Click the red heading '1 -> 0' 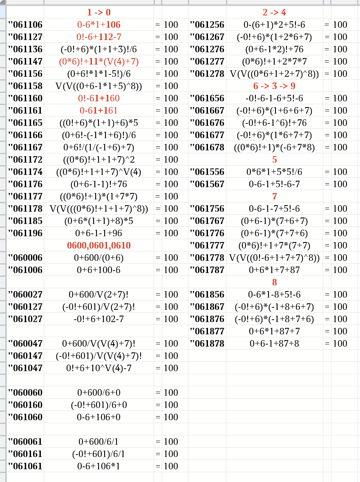(x=98, y=12)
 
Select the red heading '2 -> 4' (x=274, y=12)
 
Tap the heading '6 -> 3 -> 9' (x=274, y=86)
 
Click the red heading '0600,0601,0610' (x=98, y=245)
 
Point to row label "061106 (x=25, y=25)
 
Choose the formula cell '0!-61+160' (x=98, y=98)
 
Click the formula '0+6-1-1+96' (x=98, y=233)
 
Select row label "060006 (x=25, y=258)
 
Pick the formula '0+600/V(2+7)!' (x=98, y=294)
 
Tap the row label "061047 (x=25, y=368)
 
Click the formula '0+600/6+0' (x=98, y=392)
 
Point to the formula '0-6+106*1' (x=98, y=466)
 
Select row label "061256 (x=207, y=25)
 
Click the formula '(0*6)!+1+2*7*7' (x=274, y=61)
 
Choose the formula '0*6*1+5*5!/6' (x=274, y=172)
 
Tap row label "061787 (x=207, y=270)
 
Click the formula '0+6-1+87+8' (x=274, y=343)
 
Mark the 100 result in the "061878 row (x=340, y=343)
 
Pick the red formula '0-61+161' (x=98, y=110)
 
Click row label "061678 (x=207, y=147)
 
